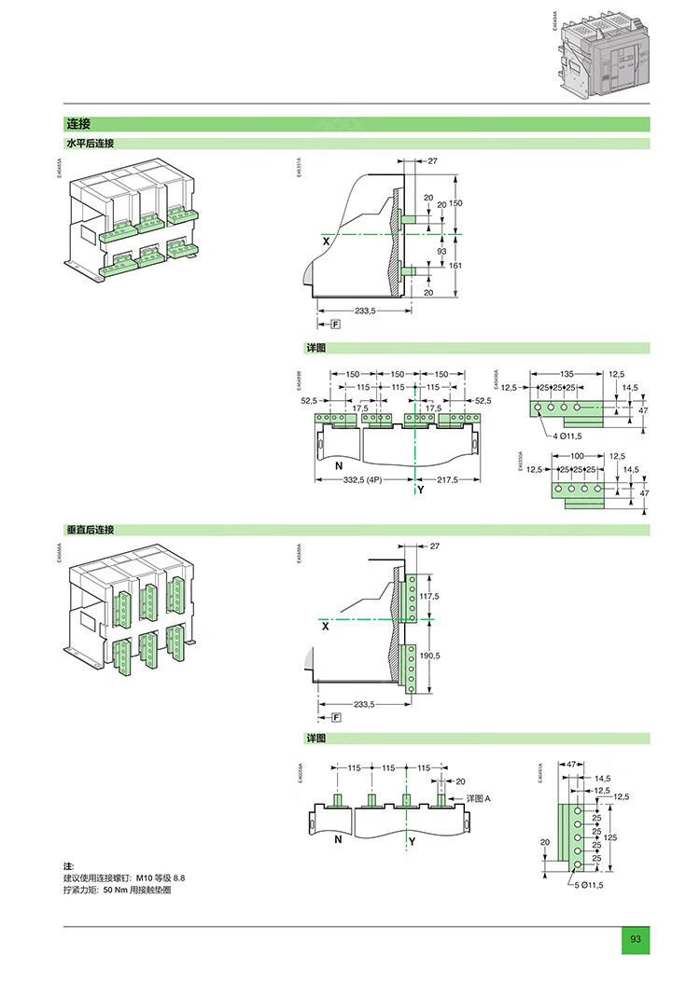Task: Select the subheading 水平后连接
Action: click(89, 144)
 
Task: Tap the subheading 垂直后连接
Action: click(89, 530)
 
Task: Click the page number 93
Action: click(636, 938)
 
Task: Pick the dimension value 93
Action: click(441, 251)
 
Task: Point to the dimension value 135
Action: click(567, 373)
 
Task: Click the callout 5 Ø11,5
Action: click(589, 885)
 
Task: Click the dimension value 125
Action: click(611, 837)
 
